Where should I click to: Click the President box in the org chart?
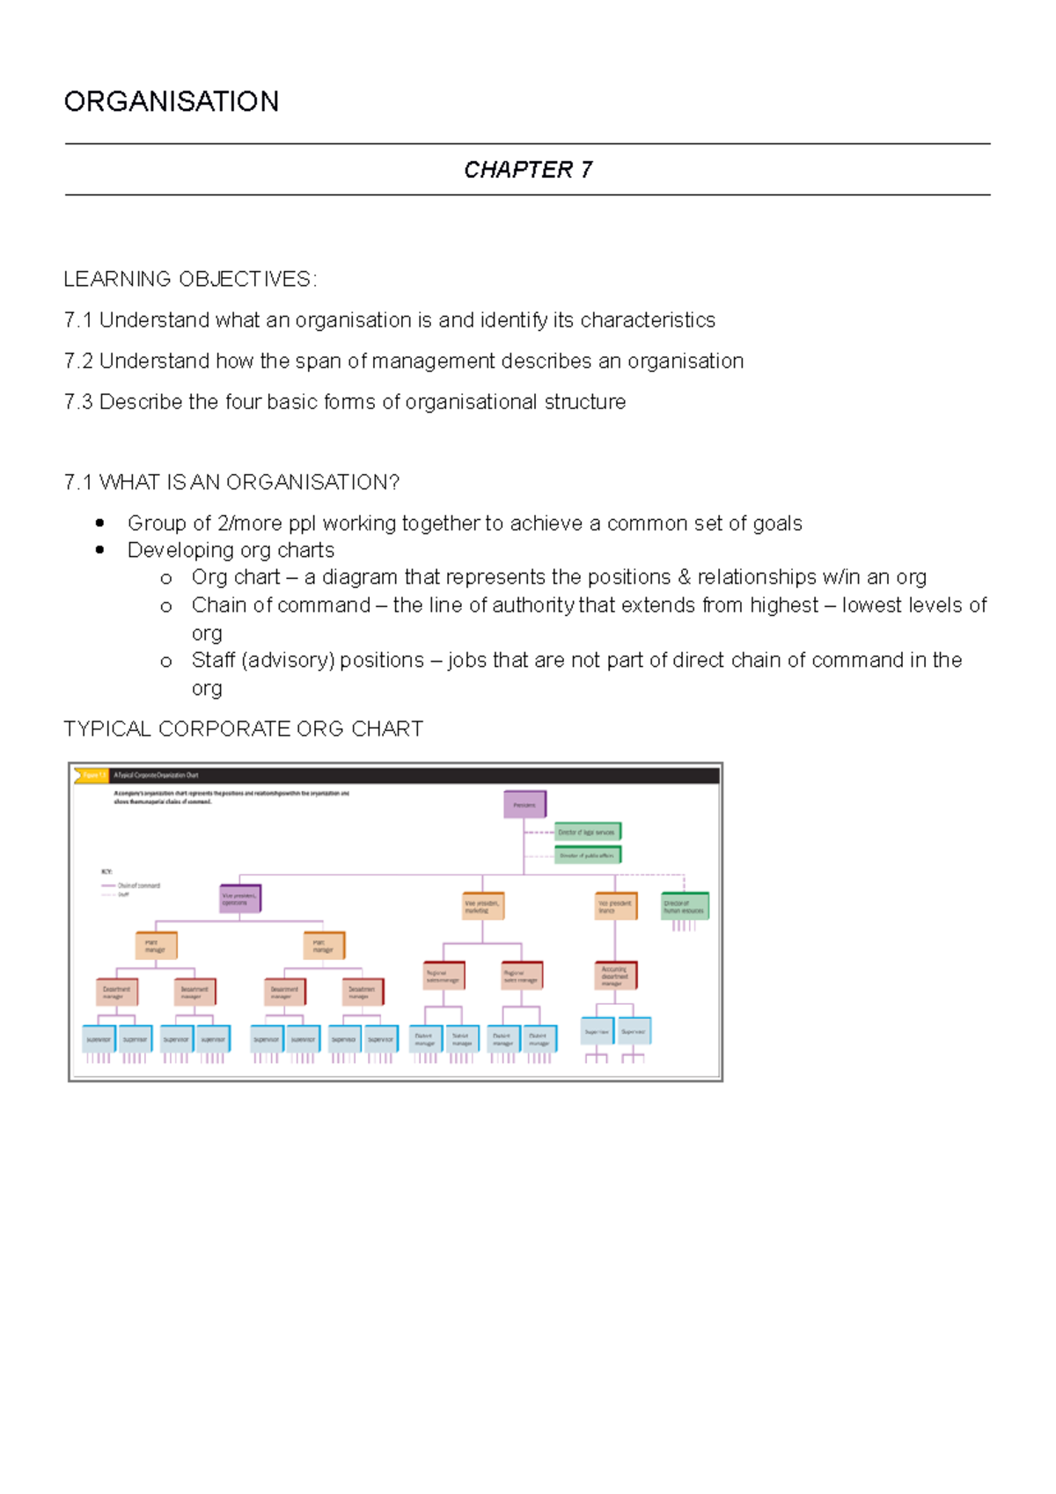[x=524, y=804]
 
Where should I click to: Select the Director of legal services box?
[x=588, y=831]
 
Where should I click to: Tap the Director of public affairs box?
[x=588, y=854]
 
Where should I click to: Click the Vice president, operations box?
[x=239, y=898]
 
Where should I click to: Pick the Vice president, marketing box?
[x=483, y=906]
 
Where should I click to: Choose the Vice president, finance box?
[x=615, y=906]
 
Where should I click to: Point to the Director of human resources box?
[x=685, y=906]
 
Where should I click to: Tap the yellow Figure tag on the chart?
[x=92, y=775]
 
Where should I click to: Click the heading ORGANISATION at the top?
[x=172, y=102]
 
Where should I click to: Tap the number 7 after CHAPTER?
[x=586, y=170]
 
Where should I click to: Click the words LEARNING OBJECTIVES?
[x=188, y=280]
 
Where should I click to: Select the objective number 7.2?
[x=78, y=362]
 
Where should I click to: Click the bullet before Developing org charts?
[x=100, y=551]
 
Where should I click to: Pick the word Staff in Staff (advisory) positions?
[x=213, y=661]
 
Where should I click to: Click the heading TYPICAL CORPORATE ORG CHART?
[x=244, y=729]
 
